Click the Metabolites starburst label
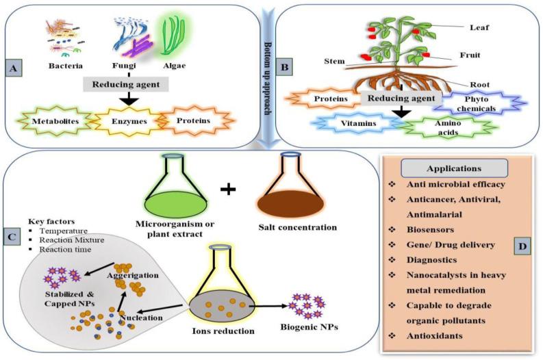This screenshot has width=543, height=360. point(55,122)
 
